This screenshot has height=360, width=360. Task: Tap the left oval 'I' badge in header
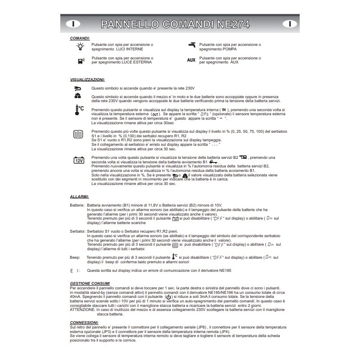(x=73, y=23)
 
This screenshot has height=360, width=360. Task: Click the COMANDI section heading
(x=80, y=39)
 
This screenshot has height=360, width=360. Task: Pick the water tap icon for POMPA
(x=192, y=45)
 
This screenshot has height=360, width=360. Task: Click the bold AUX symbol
(x=191, y=60)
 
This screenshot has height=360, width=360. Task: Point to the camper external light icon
(x=80, y=60)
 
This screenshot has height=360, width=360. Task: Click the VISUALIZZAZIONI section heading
(x=87, y=79)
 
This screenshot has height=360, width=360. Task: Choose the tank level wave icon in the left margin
(x=78, y=134)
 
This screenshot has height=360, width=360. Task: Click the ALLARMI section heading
(x=79, y=197)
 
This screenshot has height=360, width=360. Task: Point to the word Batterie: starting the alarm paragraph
(x=77, y=205)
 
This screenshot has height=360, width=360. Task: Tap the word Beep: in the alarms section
(x=75, y=258)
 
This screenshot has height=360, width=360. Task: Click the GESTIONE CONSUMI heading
(x=90, y=283)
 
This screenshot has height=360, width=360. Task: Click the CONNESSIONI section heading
(x=84, y=323)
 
